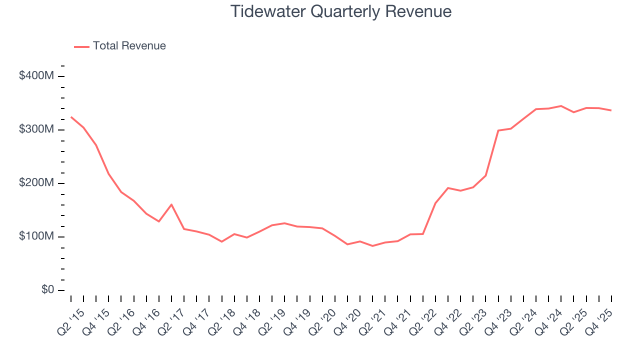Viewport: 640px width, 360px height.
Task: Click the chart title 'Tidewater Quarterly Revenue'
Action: coord(341,11)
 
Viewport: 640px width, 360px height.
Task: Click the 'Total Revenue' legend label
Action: coord(129,46)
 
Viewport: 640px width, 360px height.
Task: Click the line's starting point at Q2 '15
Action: coord(71,117)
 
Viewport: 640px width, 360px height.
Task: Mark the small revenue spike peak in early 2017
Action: coord(171,204)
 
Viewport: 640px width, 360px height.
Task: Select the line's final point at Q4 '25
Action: coord(611,110)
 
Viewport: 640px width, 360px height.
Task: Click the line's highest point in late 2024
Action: coord(561,106)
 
